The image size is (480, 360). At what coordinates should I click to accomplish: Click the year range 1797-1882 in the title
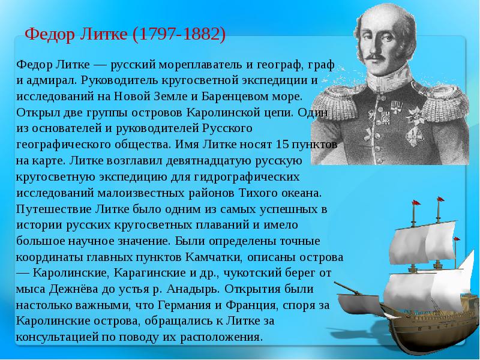pyautogui.click(x=179, y=34)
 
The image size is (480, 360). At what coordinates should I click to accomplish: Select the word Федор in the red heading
pyautogui.click(x=50, y=34)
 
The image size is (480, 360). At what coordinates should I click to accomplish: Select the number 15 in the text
pyautogui.click(x=282, y=144)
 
